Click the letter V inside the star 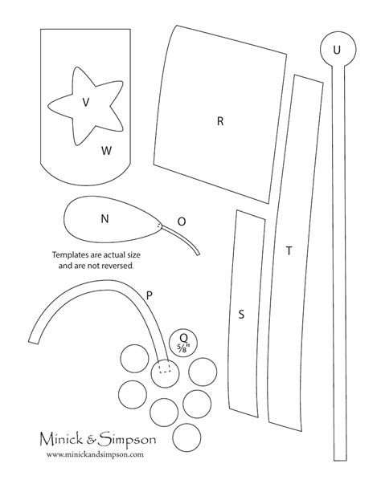coord(85,102)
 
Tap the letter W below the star coord(107,151)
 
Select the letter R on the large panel coord(220,121)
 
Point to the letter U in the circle coord(337,50)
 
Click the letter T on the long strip coord(289,250)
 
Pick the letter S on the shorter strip coord(241,314)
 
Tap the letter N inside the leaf coord(104,218)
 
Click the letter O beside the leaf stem coord(182,222)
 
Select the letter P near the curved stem coord(150,295)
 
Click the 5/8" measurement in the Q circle coord(183,348)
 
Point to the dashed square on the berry coord(165,366)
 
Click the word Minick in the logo coord(62,439)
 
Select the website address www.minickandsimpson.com coord(95,454)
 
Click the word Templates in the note coord(71,254)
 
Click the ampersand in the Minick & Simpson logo coord(91,440)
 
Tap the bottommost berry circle coord(186,437)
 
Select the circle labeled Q coord(183,343)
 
